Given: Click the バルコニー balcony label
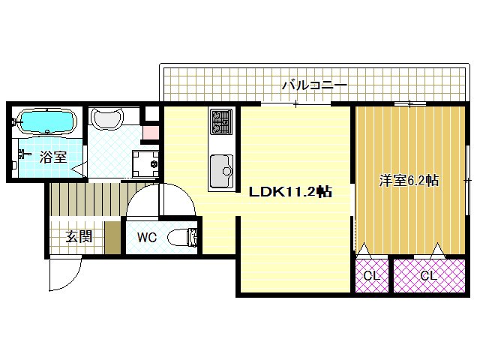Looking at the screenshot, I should tap(313, 85).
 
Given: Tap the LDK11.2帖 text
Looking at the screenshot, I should tap(291, 191).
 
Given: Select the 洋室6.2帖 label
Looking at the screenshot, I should tap(409, 181).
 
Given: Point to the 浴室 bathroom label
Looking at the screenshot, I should tap(53, 157).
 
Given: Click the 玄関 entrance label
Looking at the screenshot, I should tap(78, 238).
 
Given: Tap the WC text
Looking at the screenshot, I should tap(147, 238).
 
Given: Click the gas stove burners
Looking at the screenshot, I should tap(221, 121).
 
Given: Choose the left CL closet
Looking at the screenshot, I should tap(371, 275).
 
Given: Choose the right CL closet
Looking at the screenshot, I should tap(428, 275).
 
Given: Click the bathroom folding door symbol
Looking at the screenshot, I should tap(83, 162).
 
